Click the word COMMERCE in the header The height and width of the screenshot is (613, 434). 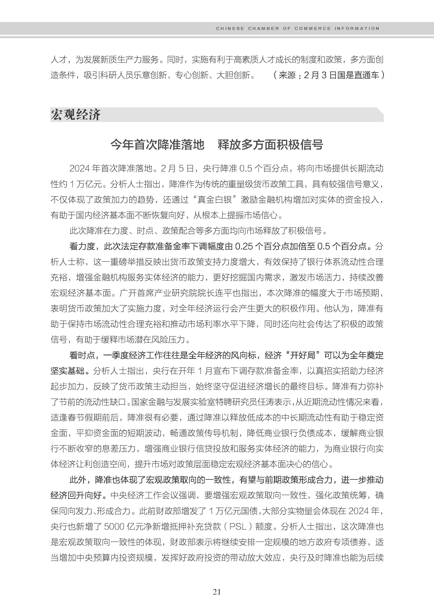click(312, 28)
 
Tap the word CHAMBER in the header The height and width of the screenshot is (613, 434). click(263, 28)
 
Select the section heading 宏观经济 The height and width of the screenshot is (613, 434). click(76, 115)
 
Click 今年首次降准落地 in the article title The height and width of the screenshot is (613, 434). click(157, 145)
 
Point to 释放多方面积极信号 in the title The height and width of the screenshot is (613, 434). click(270, 145)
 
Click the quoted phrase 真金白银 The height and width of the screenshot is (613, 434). click(215, 200)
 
